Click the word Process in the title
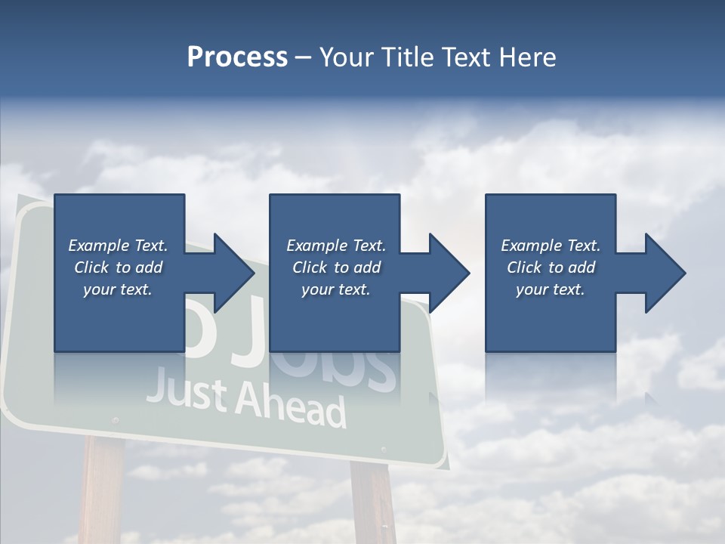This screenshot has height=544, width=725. point(237,57)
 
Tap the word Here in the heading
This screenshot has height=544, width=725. point(527,57)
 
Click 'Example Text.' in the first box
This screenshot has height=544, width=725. point(118,246)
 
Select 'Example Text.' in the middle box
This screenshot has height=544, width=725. point(336,246)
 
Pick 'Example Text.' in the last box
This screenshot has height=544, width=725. point(551,246)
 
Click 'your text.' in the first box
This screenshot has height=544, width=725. point(118,289)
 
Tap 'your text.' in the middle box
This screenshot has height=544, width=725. point(336,289)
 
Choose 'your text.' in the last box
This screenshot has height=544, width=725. point(551,289)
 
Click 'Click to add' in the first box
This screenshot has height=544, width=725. point(118,267)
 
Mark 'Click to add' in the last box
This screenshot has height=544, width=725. point(551,267)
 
